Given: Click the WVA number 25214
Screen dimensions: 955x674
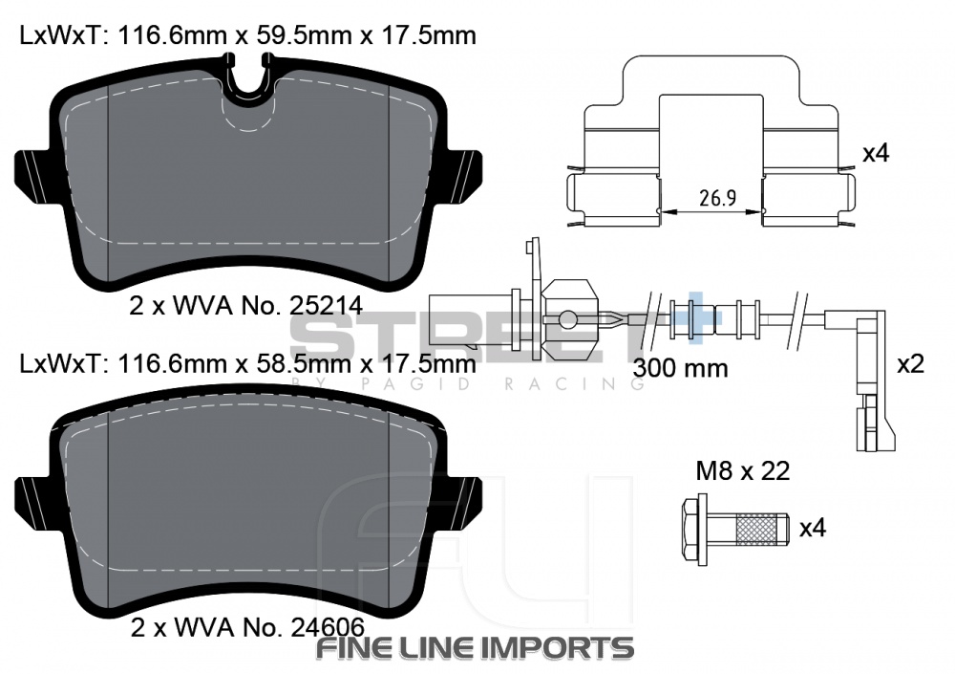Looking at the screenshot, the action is [x=326, y=306].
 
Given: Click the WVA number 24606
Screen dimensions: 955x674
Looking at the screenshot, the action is [x=328, y=627].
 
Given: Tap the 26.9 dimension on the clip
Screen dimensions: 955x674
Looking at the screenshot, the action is [x=717, y=198].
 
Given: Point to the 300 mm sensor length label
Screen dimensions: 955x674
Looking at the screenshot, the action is [x=680, y=368].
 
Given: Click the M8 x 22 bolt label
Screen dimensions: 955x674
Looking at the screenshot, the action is [x=742, y=471].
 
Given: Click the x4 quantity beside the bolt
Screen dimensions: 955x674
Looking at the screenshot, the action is [x=813, y=528].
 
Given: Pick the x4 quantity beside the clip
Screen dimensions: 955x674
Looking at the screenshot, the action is [x=876, y=153].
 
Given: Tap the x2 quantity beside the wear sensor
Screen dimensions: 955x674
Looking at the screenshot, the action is [x=910, y=364].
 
